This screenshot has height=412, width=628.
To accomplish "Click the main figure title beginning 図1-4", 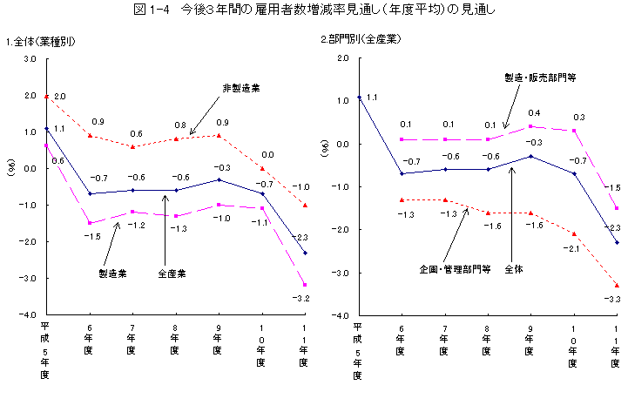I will tap(314, 10).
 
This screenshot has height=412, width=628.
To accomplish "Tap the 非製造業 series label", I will tap(241, 88).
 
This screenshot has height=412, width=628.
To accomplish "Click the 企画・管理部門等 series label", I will tap(456, 268).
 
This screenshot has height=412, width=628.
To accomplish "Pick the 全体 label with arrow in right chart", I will tap(514, 268).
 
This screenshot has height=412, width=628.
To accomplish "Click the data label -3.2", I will tap(302, 299).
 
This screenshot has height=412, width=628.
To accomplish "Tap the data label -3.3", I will tap(615, 299).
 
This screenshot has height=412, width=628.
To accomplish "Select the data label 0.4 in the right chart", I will tap(533, 113).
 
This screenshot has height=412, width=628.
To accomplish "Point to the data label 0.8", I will tap(179, 125).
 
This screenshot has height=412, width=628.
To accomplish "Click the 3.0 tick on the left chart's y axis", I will tap(30, 59).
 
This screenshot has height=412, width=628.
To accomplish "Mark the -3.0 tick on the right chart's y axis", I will tap(342, 273).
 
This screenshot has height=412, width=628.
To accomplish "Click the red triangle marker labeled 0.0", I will tap(261, 168).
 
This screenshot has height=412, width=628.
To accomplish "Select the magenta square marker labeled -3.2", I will tap(304, 285).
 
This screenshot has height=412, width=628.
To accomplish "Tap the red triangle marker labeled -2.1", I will tap(574, 233).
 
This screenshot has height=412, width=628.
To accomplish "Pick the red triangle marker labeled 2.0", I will tap(46, 96).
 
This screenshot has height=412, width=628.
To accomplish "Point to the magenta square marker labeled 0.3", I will tap(574, 131).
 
